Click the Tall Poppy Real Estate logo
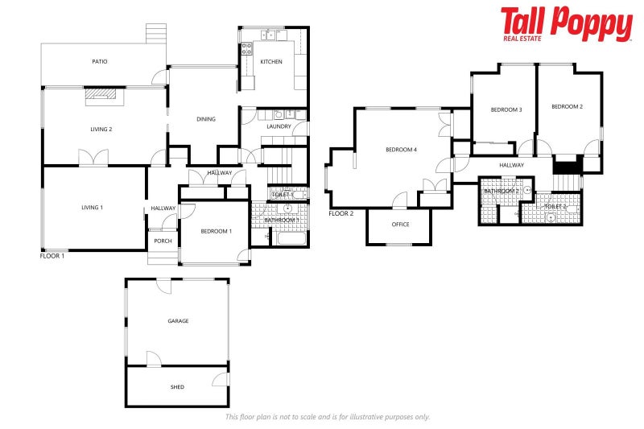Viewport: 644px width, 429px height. (x=566, y=24)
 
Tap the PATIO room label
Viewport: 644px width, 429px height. (x=100, y=61)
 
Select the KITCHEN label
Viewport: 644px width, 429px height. (x=270, y=62)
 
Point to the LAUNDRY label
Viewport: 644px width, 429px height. (x=279, y=126)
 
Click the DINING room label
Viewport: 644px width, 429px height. (x=206, y=119)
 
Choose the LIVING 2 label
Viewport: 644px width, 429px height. (x=101, y=129)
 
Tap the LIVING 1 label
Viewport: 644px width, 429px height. (x=93, y=208)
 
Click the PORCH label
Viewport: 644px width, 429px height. (x=163, y=241)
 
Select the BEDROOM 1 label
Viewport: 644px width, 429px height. (x=216, y=232)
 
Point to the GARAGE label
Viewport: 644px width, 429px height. (x=178, y=321)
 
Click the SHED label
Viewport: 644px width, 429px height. (x=177, y=387)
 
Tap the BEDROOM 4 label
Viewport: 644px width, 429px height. (x=401, y=150)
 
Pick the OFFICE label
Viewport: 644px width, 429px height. (x=401, y=224)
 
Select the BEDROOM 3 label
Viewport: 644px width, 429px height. (x=507, y=109)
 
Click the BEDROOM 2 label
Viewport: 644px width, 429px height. (x=568, y=106)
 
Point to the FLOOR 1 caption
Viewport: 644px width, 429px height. (x=52, y=255)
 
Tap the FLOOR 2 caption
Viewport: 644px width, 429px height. (x=341, y=213)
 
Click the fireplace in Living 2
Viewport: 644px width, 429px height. (x=102, y=96)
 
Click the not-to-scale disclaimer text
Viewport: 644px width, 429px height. (x=328, y=417)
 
